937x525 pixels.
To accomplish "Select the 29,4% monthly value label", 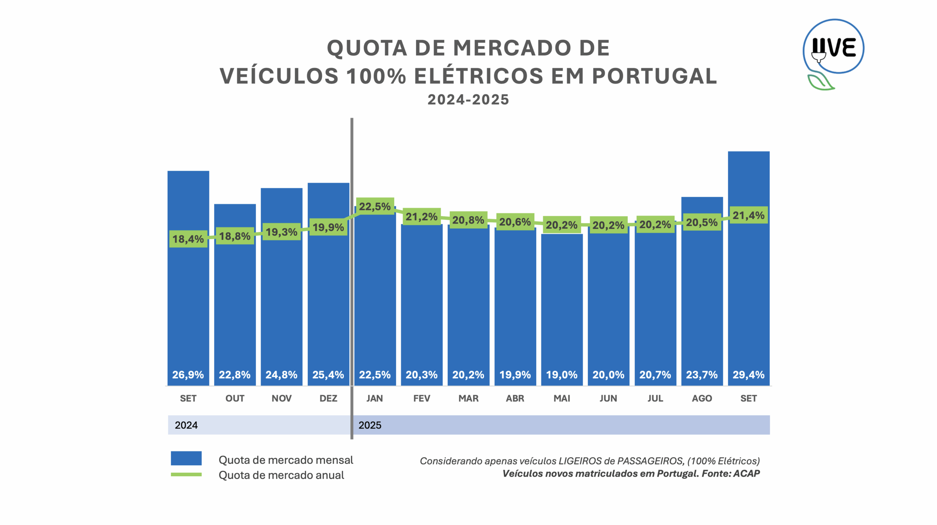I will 749,375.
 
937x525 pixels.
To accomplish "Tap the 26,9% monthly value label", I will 188,375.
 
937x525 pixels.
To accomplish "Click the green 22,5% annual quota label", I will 375,206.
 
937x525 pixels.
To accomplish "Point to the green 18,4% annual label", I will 188,239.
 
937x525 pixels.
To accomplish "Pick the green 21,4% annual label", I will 749,215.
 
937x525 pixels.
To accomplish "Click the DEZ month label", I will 328,398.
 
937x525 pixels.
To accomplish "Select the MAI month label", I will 562,398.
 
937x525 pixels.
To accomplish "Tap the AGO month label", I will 702,398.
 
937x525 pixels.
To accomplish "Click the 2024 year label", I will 186,425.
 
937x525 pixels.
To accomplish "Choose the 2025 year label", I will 370,425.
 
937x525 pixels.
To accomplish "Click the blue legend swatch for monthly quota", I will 186,458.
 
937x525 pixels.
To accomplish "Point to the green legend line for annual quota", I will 186,475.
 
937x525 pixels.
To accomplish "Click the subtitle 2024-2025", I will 468,100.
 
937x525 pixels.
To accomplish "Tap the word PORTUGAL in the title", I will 654,76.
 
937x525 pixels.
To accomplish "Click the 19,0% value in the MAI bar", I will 562,375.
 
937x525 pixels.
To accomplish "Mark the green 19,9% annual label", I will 328,227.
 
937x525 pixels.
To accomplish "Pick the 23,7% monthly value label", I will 702,375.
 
